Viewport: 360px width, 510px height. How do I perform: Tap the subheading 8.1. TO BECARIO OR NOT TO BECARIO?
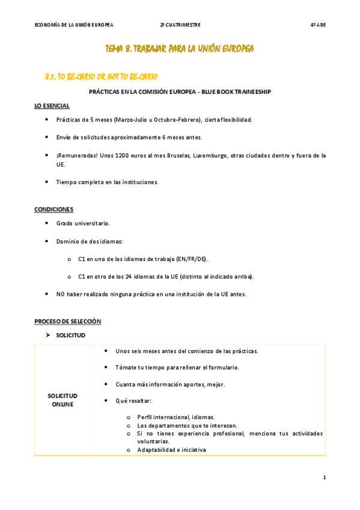(x=102, y=77)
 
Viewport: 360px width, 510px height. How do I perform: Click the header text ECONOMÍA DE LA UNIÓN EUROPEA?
(x=74, y=25)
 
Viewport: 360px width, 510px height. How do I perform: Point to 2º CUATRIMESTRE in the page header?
(x=180, y=25)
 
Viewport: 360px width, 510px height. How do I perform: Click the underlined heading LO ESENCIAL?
(x=52, y=106)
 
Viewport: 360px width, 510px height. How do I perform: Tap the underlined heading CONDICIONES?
(x=53, y=209)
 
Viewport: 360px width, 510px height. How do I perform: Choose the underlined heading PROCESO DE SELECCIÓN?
(x=67, y=322)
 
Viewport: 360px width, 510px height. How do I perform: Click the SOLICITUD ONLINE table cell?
(x=63, y=400)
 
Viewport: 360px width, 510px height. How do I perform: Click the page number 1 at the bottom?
(x=324, y=478)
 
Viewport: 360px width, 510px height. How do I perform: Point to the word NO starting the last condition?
(x=61, y=294)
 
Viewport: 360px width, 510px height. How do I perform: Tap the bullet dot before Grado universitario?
(x=47, y=223)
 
